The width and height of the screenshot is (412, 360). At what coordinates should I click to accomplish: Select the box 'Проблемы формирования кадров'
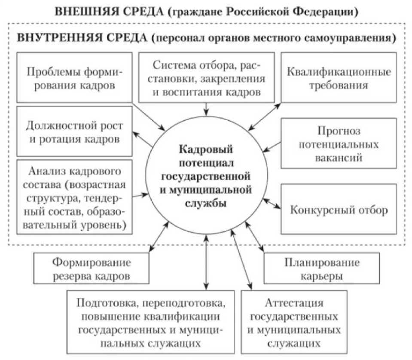click(x=73, y=77)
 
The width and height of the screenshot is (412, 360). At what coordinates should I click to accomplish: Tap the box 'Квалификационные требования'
click(x=339, y=77)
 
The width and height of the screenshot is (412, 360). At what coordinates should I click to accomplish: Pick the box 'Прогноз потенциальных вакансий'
click(x=339, y=143)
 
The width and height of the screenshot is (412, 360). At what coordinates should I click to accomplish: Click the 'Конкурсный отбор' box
click(x=339, y=210)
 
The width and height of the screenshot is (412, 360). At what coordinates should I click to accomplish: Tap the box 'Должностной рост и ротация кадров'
click(x=73, y=132)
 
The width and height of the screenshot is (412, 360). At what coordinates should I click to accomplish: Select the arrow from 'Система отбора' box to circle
click(x=207, y=108)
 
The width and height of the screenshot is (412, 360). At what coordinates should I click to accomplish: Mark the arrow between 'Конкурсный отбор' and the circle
click(x=272, y=204)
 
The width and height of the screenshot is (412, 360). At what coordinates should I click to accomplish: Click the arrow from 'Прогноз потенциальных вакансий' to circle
click(x=272, y=147)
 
